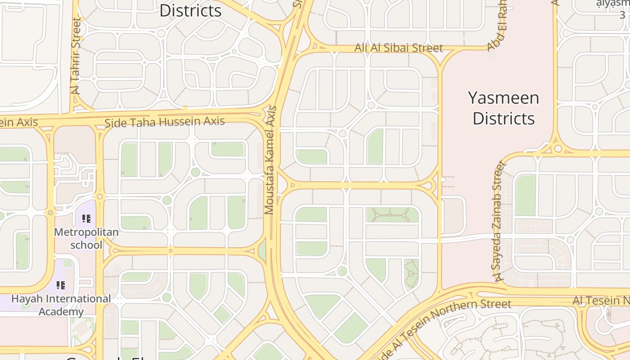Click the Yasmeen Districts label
pos(504,108)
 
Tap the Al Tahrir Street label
pos(76,56)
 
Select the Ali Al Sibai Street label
pos(399,48)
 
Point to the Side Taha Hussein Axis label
pos(164,122)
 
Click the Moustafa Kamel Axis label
pos(270,160)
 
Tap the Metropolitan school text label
pos(86,238)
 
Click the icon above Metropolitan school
pos(86,219)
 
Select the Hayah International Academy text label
pos(61,305)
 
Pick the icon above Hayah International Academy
pos(61,285)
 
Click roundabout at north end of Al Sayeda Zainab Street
pos(558,148)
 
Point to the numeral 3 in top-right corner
pos(622,14)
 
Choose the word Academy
pos(61,311)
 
